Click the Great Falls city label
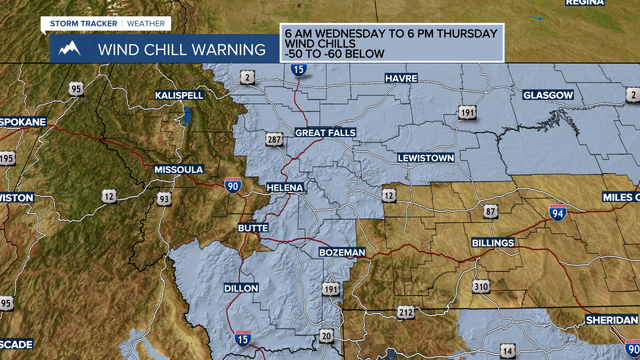point(325,132)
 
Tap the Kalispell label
point(179,95)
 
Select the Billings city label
point(493,242)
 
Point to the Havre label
point(400,78)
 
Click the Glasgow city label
point(548,95)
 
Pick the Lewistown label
point(426,158)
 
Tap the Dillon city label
point(241,288)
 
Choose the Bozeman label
point(342,252)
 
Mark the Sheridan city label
point(612,320)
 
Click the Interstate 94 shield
point(557,213)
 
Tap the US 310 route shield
point(481,286)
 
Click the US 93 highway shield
point(163,198)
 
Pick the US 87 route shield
point(490,211)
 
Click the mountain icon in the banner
point(69,49)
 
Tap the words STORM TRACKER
point(83,23)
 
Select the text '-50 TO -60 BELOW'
point(334,53)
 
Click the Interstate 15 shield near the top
point(298,69)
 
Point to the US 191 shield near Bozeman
point(330,289)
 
